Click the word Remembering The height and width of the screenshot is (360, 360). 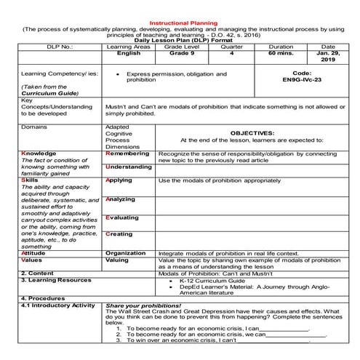point(129,154)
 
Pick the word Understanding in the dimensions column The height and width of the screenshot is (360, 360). point(131,167)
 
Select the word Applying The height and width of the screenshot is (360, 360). point(119,180)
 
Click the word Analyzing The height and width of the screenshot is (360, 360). point(121,199)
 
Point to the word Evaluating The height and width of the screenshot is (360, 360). point(122,217)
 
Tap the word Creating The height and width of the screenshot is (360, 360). point(119,234)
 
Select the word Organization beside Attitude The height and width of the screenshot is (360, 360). point(126,253)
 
